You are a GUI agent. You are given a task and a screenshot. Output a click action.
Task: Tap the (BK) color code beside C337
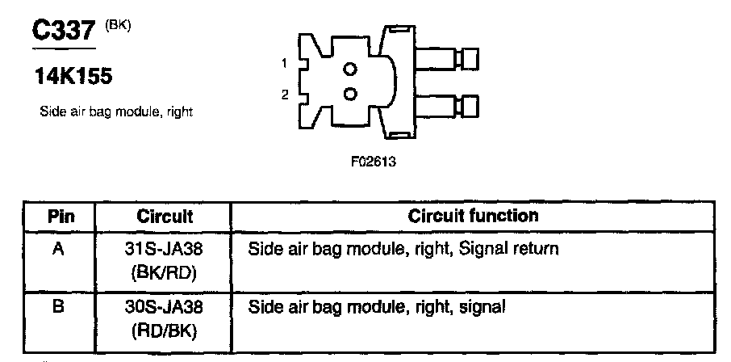click(x=118, y=25)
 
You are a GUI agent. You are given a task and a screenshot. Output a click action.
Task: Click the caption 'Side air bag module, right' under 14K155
click(x=115, y=112)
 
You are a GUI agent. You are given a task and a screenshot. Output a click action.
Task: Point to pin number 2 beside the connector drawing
click(x=285, y=95)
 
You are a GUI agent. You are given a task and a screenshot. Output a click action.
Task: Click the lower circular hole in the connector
click(x=349, y=94)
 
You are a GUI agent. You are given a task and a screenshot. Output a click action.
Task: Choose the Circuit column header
click(x=165, y=217)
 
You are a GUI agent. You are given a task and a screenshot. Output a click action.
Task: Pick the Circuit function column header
click(x=473, y=217)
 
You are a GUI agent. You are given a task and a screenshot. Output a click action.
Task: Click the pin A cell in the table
click(x=58, y=250)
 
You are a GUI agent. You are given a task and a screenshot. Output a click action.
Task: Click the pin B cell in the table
click(x=58, y=307)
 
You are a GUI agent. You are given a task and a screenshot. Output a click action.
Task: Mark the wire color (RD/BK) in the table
click(x=165, y=330)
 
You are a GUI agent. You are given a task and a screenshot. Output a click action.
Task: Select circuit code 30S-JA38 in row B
click(x=165, y=307)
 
